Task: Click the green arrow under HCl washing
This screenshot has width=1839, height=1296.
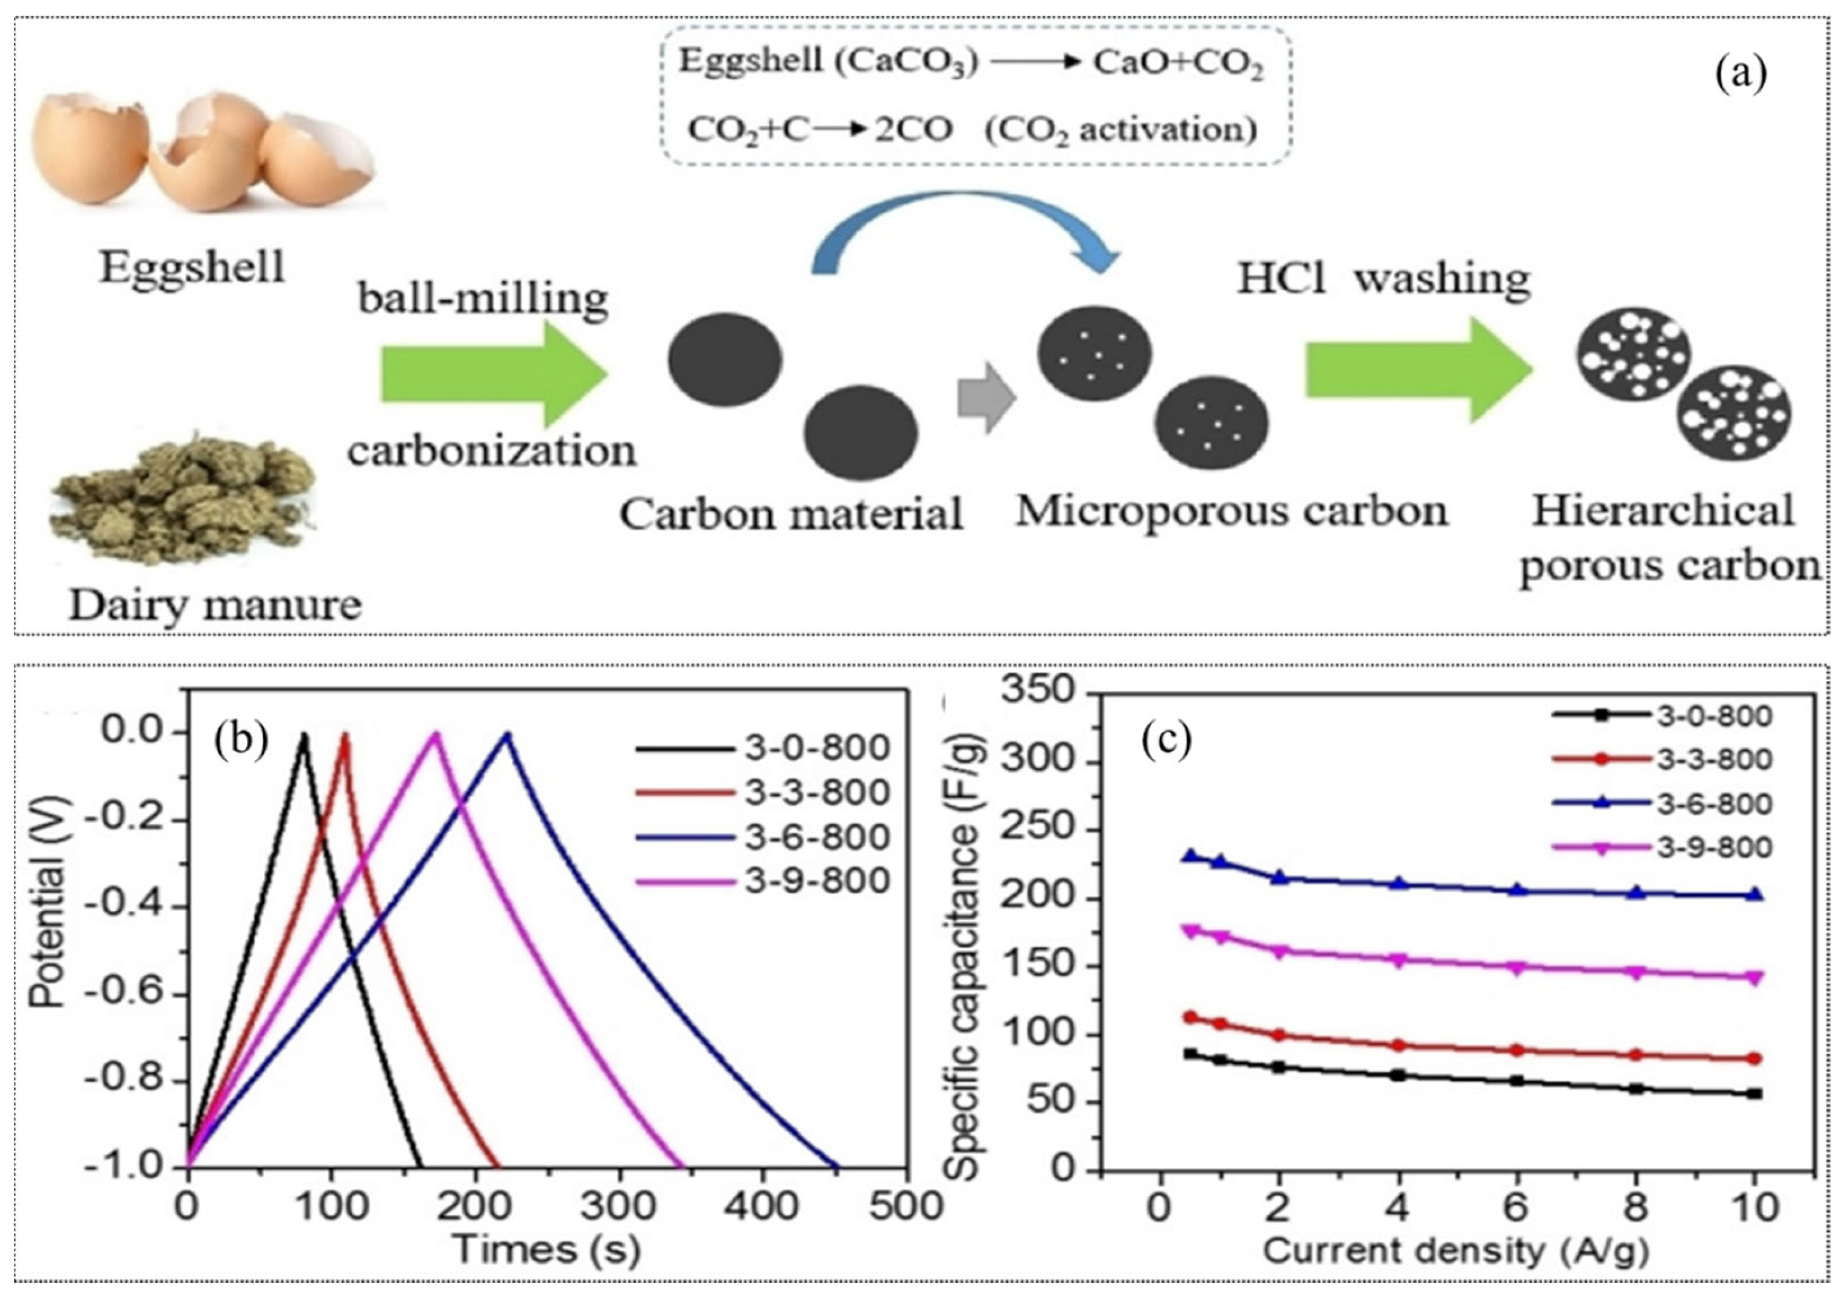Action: (1417, 371)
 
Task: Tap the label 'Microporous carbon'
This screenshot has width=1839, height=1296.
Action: (1231, 510)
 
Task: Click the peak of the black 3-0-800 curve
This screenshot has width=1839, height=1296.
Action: (304, 734)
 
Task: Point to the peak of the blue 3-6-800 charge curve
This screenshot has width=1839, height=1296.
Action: (506, 734)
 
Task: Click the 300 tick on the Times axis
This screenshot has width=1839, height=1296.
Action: (619, 1206)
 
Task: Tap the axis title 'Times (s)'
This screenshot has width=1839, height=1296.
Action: (546, 1249)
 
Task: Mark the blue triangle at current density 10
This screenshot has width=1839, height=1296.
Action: (1754, 895)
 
